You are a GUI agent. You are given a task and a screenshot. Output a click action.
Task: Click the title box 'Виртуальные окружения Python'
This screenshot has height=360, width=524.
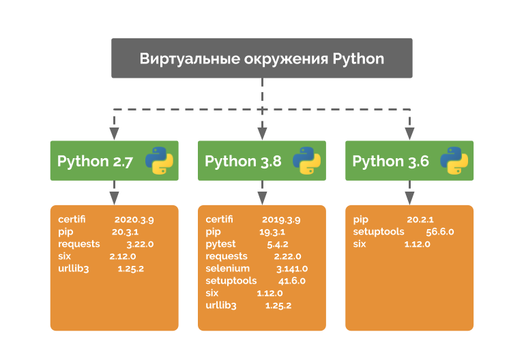point(262,58)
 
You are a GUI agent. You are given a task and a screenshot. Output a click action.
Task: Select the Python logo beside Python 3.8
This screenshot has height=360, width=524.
point(306,161)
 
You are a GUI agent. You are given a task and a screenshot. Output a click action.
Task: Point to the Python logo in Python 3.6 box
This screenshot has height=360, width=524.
point(454,161)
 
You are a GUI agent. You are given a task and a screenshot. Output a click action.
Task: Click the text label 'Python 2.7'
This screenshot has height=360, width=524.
point(95,161)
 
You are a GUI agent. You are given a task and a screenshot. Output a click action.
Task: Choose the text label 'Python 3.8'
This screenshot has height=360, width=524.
point(243,161)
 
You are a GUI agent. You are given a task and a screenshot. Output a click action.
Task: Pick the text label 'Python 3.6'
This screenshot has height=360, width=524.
point(390,161)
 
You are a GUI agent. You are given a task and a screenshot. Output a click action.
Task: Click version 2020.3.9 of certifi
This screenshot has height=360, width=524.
point(134,220)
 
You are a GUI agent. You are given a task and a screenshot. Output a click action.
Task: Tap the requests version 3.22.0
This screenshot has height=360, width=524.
point(140,244)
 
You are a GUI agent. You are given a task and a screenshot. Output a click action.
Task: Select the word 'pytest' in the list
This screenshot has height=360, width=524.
point(222,244)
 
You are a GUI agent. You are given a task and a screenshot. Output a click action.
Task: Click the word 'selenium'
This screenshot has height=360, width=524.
point(227,269)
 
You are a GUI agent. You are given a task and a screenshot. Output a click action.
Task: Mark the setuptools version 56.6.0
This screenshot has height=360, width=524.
point(439,232)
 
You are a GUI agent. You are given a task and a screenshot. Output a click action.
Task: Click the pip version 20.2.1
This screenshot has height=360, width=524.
point(420,220)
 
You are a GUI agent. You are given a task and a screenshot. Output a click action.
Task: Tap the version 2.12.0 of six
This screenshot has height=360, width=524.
point(123,256)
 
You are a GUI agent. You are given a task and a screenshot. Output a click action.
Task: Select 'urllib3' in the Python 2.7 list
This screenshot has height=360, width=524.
point(74,269)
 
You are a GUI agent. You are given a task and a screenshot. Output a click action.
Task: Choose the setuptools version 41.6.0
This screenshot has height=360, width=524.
point(291,281)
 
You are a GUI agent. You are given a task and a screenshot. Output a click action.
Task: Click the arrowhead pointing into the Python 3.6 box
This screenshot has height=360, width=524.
point(409,133)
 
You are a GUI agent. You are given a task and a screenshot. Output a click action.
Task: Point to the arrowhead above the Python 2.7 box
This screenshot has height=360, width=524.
point(115,133)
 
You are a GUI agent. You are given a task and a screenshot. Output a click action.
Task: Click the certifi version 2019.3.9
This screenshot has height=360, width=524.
point(281,220)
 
